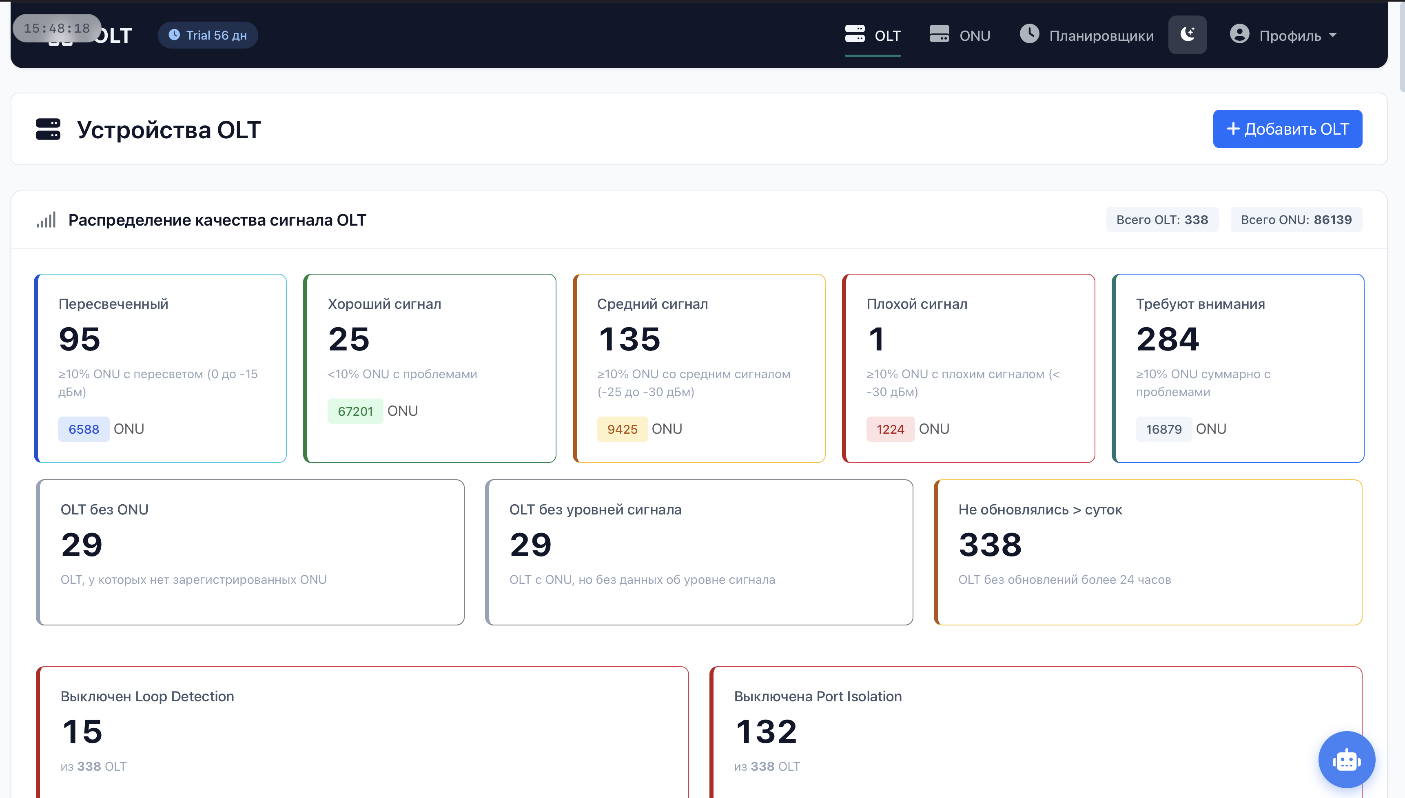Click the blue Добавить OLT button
(x=1287, y=129)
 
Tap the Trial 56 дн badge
(x=208, y=35)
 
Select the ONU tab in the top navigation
(x=960, y=35)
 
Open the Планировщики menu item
(x=1087, y=35)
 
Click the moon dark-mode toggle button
(x=1188, y=35)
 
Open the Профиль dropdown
(x=1283, y=35)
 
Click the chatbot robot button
(x=1346, y=760)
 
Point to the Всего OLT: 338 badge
(x=1162, y=220)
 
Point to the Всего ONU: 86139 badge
(x=1296, y=220)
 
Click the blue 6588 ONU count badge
(x=84, y=429)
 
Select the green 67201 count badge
(x=355, y=411)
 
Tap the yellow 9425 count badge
(x=622, y=429)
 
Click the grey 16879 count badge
(x=1164, y=429)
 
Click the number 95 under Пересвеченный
(x=80, y=339)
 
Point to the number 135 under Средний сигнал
(x=629, y=339)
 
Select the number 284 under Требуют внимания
(x=1168, y=339)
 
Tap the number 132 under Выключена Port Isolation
(x=766, y=731)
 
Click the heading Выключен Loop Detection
(x=147, y=696)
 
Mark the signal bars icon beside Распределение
(x=46, y=220)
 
